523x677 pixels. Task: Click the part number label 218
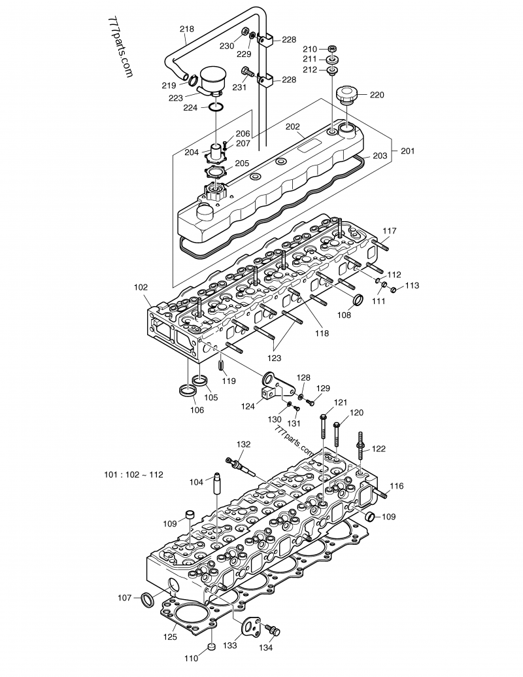[x=186, y=29]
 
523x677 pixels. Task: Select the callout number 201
[x=407, y=151]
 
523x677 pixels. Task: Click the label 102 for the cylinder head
[x=141, y=286]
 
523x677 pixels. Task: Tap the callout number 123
[x=274, y=358]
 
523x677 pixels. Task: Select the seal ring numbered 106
[x=188, y=392]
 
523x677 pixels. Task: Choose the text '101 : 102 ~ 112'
[x=133, y=474]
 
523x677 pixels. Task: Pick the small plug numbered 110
[x=211, y=648]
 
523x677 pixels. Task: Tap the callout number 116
[x=397, y=486]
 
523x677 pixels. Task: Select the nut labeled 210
[x=332, y=49]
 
